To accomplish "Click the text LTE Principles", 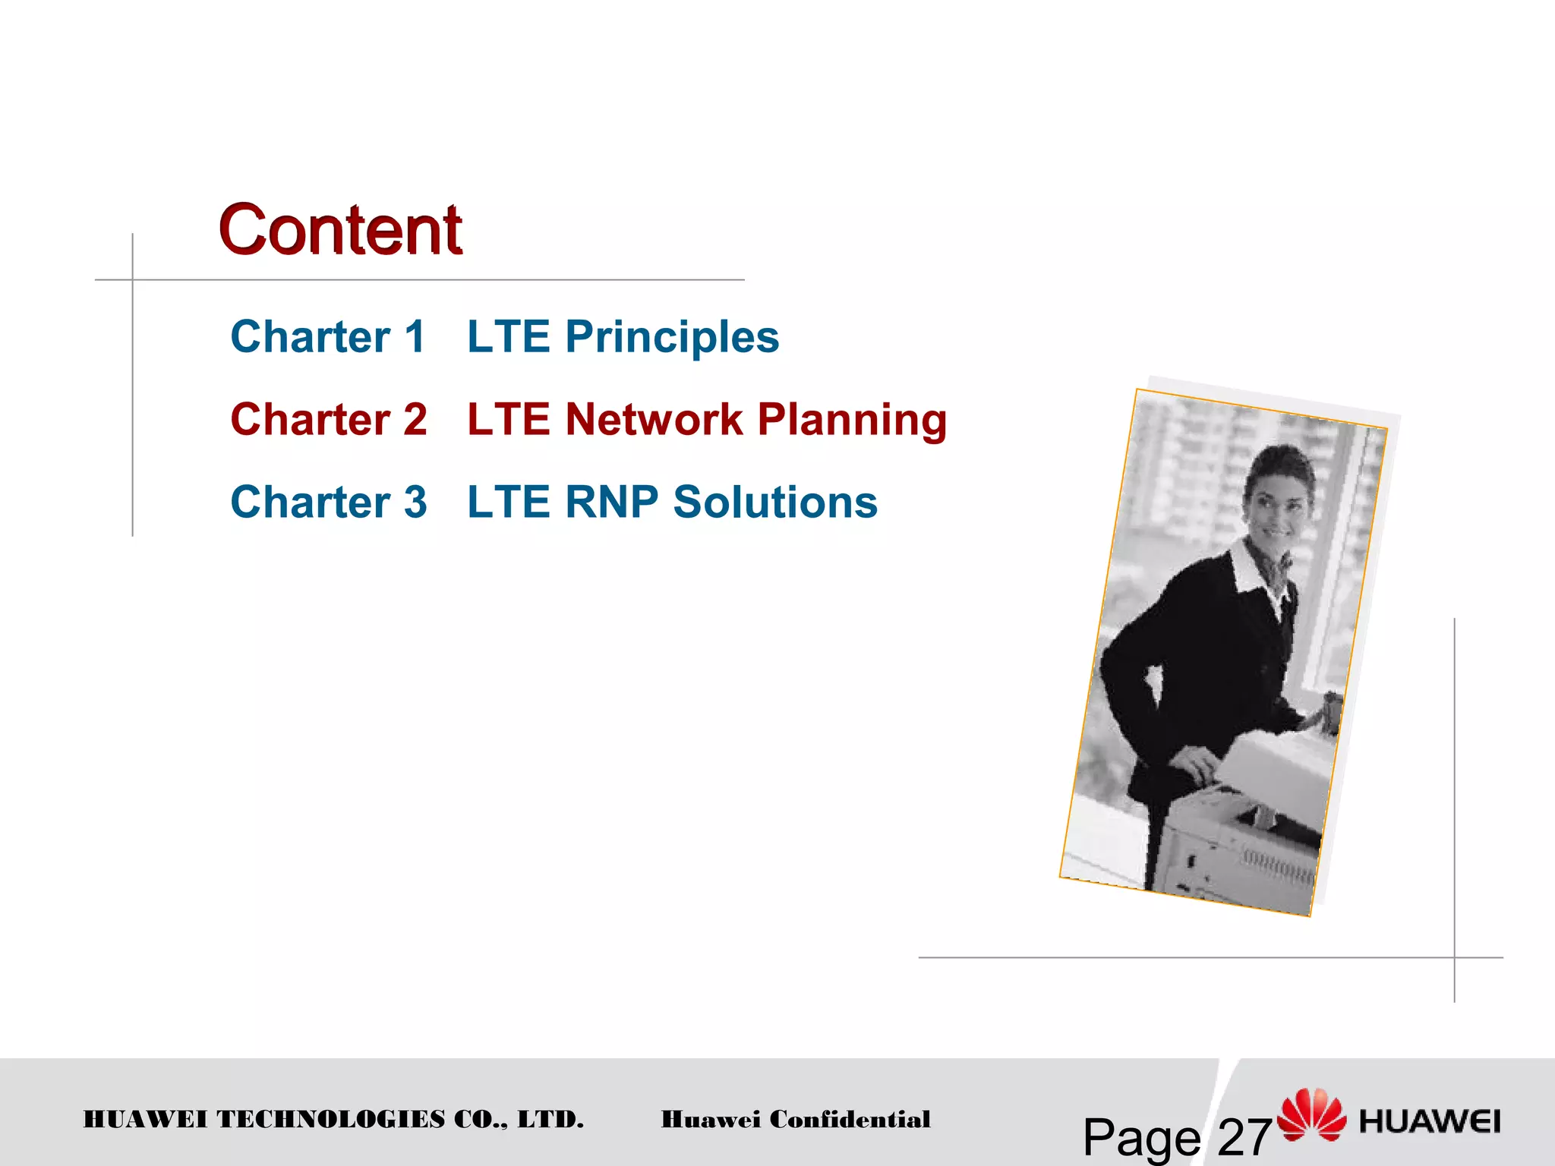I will coord(623,337).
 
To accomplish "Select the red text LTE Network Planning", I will coord(707,420).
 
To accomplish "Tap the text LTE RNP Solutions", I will coord(672,503).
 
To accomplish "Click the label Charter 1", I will coord(328,337).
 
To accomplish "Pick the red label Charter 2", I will coord(329,420).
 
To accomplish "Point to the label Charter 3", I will coord(329,503).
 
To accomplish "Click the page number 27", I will coord(1244,1137).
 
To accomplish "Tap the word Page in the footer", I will coord(1141,1137).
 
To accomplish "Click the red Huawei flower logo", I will coord(1311,1114).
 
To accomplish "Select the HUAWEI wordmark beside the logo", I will coord(1430,1121).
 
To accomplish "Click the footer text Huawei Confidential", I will coord(795,1120).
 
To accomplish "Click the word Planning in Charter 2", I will coord(852,420).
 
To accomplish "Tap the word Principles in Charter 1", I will coord(672,337).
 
